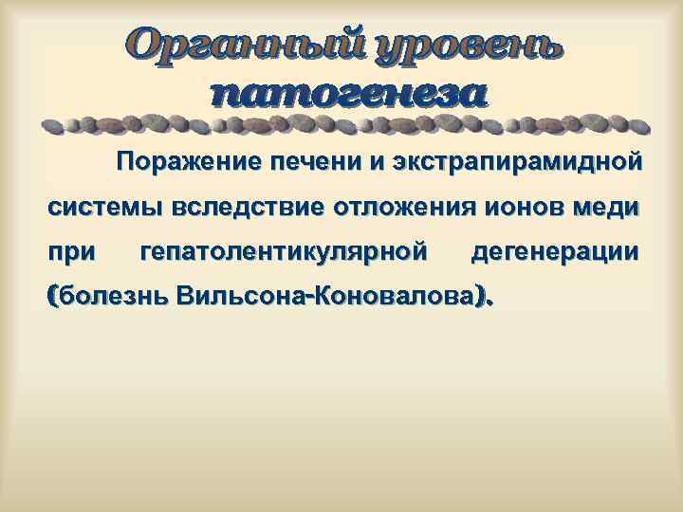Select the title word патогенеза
coord(347,95)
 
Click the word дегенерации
coord(554,251)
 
